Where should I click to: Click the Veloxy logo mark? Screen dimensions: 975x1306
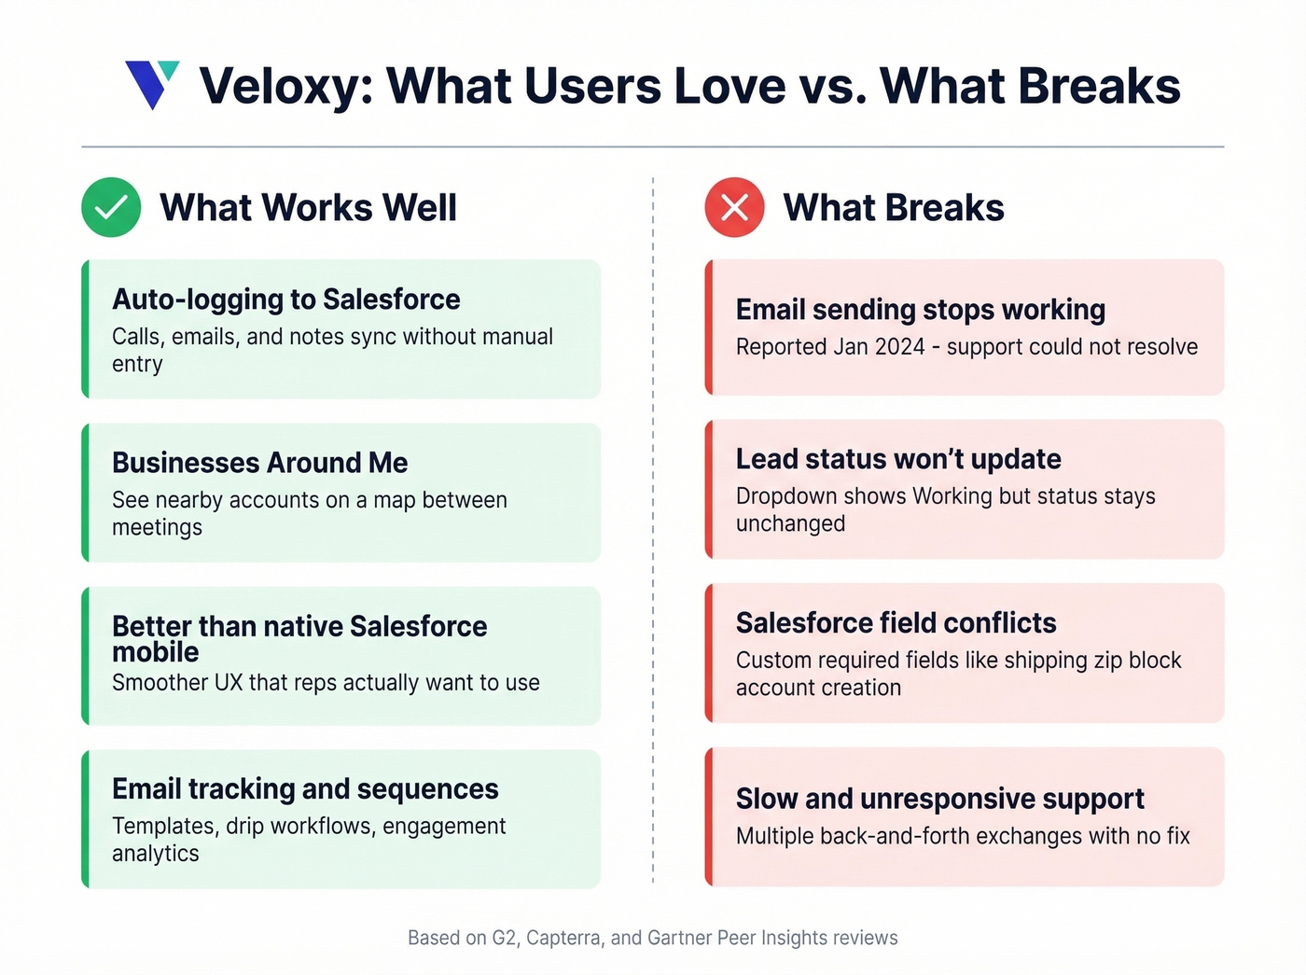tap(151, 85)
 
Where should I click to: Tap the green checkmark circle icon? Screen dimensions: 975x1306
tap(111, 207)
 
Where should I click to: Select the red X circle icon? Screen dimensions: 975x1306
tap(734, 207)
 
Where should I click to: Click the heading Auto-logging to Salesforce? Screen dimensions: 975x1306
tap(285, 299)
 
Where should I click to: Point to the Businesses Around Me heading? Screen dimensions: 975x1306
tap(259, 463)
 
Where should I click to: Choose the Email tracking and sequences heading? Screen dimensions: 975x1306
tap(305, 789)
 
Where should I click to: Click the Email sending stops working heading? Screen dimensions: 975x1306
tap(920, 310)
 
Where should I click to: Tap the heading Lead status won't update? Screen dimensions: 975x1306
tap(898, 459)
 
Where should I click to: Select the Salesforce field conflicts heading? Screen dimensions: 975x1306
tap(896, 623)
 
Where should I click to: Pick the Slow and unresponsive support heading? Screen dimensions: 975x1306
tap(939, 800)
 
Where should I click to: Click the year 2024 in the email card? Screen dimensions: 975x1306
tap(899, 347)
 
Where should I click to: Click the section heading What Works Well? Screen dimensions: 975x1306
tap(308, 208)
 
